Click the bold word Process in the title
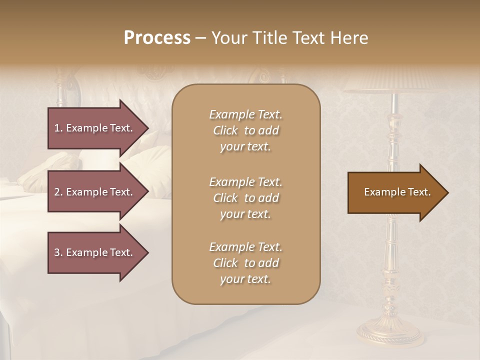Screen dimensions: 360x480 (157, 38)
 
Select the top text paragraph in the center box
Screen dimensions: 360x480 (245, 130)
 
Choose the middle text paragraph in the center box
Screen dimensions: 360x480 (245, 197)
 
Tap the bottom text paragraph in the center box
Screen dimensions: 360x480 (245, 263)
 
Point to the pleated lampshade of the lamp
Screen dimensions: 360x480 (395, 80)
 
